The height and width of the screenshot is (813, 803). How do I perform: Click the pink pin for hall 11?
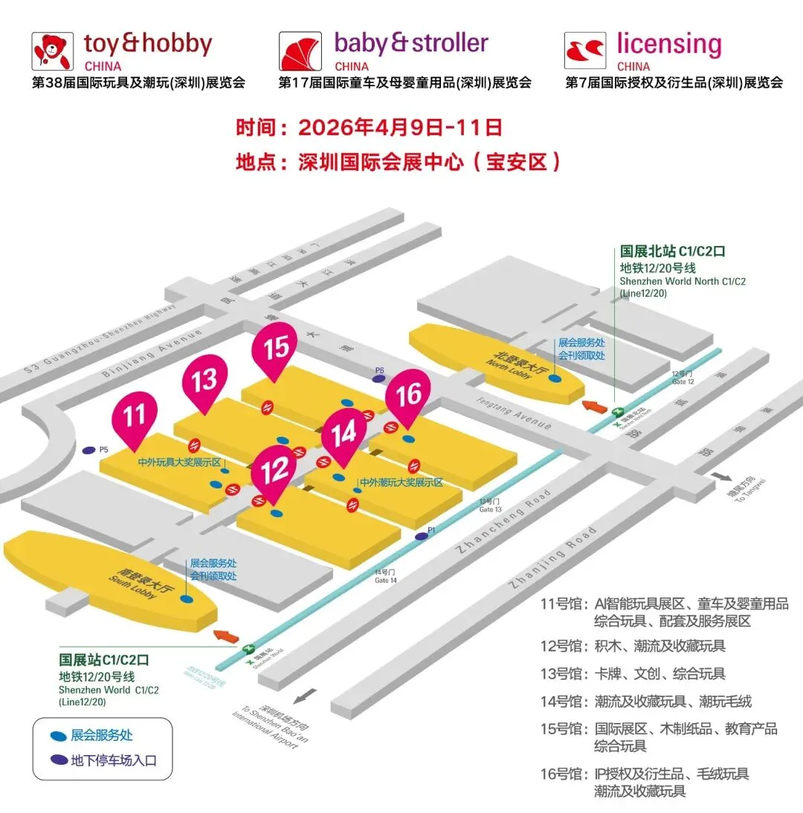tap(135, 415)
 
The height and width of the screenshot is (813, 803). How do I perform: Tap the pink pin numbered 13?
tap(204, 380)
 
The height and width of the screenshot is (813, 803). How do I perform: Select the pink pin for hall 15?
tap(275, 347)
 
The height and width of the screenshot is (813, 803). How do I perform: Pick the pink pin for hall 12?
tap(274, 470)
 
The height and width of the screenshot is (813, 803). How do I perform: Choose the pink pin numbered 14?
tap(344, 433)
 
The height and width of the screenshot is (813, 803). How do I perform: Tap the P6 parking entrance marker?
tap(379, 378)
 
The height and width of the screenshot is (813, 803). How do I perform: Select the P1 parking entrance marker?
tap(422, 535)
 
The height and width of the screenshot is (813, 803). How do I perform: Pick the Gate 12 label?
tap(682, 376)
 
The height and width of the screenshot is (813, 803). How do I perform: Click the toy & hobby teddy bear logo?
tap(53, 51)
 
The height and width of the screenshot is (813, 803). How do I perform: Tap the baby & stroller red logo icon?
tap(300, 51)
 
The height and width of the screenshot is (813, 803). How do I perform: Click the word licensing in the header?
tap(669, 45)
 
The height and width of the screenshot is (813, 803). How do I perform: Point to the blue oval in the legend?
tap(57, 736)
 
